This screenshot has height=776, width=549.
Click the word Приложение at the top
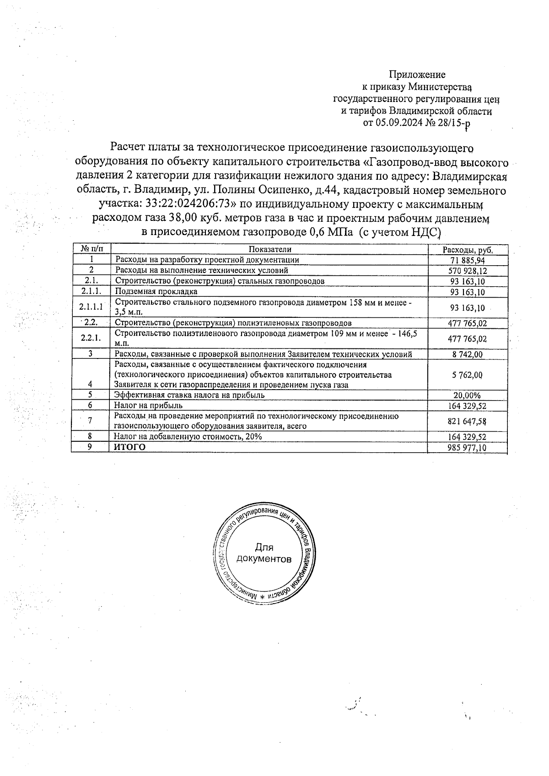tap(417, 75)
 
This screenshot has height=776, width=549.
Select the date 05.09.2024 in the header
tap(397, 123)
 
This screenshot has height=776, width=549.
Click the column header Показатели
tap(270, 249)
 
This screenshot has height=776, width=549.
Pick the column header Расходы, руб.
tap(468, 250)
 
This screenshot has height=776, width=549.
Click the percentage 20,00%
tap(467, 396)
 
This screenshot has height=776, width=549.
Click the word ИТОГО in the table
tap(130, 447)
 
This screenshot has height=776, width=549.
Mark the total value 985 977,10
tap(467, 448)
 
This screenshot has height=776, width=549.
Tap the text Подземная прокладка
tap(156, 291)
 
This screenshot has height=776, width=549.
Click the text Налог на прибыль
tap(148, 405)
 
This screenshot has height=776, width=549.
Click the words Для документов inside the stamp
tap(264, 553)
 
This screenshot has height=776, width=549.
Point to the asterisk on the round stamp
tap(263, 597)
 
